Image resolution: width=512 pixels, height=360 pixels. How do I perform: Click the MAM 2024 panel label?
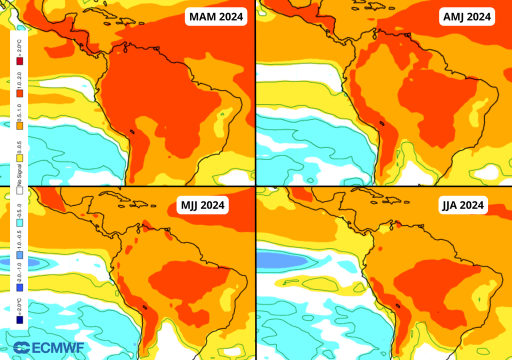tap(216, 16)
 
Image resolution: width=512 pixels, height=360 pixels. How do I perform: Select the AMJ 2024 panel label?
tap(467, 16)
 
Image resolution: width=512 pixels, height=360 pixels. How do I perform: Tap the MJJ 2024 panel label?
tap(202, 204)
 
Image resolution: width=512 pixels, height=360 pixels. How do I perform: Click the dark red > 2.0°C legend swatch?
tap(20, 61)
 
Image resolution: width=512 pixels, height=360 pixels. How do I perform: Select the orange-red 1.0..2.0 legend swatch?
tap(20, 93)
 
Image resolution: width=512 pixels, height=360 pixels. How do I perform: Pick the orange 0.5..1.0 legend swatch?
tap(20, 126)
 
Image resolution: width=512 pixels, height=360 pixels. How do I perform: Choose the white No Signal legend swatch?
tap(20, 190)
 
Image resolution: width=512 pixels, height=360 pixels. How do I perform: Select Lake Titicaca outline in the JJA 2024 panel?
tap(398, 306)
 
